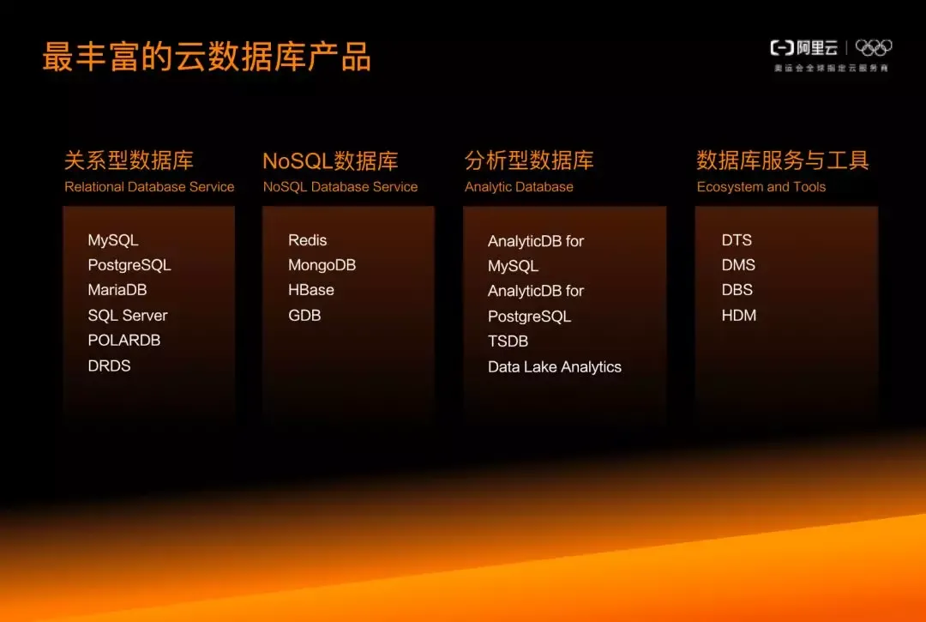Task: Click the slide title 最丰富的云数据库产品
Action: coord(207,57)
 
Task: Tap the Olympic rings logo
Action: coord(874,48)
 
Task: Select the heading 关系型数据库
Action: coord(129,160)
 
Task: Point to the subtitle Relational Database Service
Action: coord(149,187)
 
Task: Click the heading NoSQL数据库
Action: coord(330,160)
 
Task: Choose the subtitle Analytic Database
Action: coord(519,187)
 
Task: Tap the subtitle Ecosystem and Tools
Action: coord(761,187)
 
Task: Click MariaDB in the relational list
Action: coord(117,290)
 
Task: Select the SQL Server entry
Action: coord(128,316)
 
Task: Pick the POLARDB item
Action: coord(124,341)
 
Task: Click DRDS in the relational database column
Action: coord(109,365)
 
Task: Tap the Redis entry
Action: coord(307,240)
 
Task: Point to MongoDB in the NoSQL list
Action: coord(322,265)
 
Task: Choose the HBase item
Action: coord(311,290)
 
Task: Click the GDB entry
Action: coord(304,316)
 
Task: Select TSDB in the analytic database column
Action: coord(508,341)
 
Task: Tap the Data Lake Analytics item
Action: coord(555,367)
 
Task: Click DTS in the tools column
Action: coord(737,240)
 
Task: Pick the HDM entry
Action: coord(739,316)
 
